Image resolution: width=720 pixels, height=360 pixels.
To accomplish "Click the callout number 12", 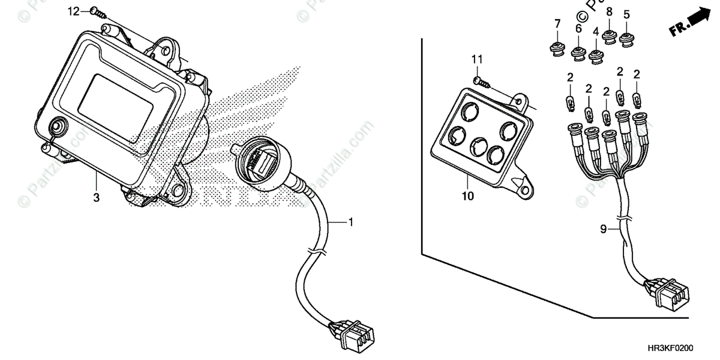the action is coord(73,11).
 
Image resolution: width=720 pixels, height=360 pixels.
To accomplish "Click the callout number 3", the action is coord(96,196).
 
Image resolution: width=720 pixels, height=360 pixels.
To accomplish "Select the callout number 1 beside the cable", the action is coord(351,223).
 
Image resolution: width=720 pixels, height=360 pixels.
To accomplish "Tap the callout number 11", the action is coord(477,59).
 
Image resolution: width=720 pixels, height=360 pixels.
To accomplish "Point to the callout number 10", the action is coord(468,196).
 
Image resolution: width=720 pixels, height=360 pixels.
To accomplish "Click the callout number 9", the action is coord(604,229).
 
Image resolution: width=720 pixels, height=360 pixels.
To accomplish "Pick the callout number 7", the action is coord(557,23).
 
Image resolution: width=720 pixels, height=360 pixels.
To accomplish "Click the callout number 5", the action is coord(627,14).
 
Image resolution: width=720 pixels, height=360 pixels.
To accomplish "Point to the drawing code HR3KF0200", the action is coord(682,347).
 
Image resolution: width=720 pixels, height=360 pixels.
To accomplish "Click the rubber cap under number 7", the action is coord(556,47).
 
